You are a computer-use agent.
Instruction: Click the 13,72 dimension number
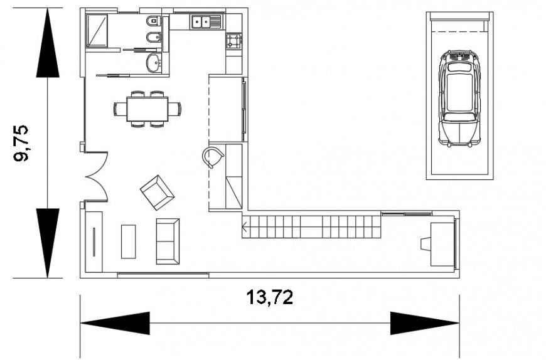[269, 297]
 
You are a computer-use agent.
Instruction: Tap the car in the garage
[459, 98]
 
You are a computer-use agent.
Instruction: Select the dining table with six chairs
[147, 109]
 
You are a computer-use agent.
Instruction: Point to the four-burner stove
[234, 42]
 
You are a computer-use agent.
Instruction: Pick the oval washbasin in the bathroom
[154, 62]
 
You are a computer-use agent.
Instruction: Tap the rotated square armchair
[157, 193]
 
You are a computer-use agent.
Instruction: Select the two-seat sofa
[168, 241]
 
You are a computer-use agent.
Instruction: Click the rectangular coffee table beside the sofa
[129, 241]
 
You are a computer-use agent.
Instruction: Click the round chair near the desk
[214, 157]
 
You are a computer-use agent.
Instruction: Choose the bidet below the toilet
[153, 40]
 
